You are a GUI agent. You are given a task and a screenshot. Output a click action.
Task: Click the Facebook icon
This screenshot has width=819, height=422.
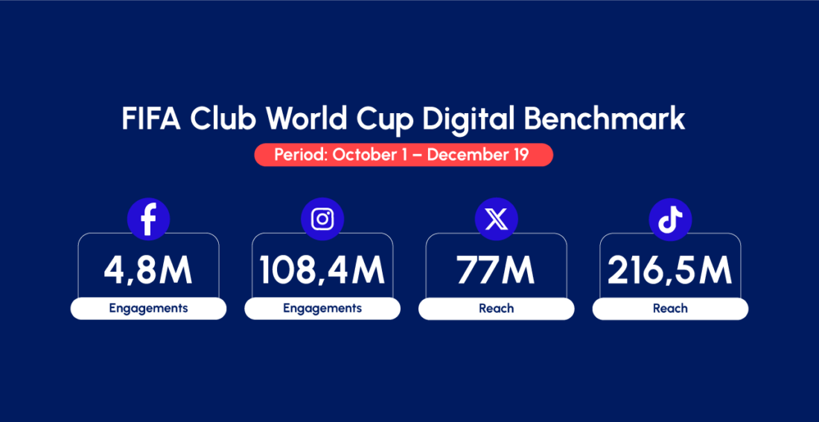[x=148, y=219]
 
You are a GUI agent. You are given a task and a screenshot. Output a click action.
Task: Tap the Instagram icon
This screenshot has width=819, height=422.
[x=322, y=219]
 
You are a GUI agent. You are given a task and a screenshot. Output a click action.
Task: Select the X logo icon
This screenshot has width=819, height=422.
[x=496, y=219]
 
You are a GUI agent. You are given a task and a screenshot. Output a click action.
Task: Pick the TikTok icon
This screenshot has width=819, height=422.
[x=670, y=219]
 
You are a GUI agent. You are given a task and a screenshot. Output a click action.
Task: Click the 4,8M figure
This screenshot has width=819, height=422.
[x=148, y=271]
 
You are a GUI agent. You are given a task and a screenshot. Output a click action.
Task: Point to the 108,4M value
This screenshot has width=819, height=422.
[x=322, y=271]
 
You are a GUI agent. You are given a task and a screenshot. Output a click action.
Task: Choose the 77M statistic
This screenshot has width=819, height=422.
[x=496, y=271]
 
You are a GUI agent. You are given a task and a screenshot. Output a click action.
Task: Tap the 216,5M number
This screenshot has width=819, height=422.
[x=670, y=271]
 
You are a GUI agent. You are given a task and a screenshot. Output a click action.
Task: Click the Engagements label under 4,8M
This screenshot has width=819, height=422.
[x=148, y=308]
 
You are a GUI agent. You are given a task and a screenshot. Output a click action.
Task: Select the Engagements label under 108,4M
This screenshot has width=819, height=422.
[x=322, y=308]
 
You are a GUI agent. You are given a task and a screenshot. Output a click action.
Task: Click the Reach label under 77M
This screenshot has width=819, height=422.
[x=496, y=308]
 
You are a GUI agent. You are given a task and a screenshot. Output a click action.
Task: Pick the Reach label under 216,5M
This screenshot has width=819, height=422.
[x=670, y=308]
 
